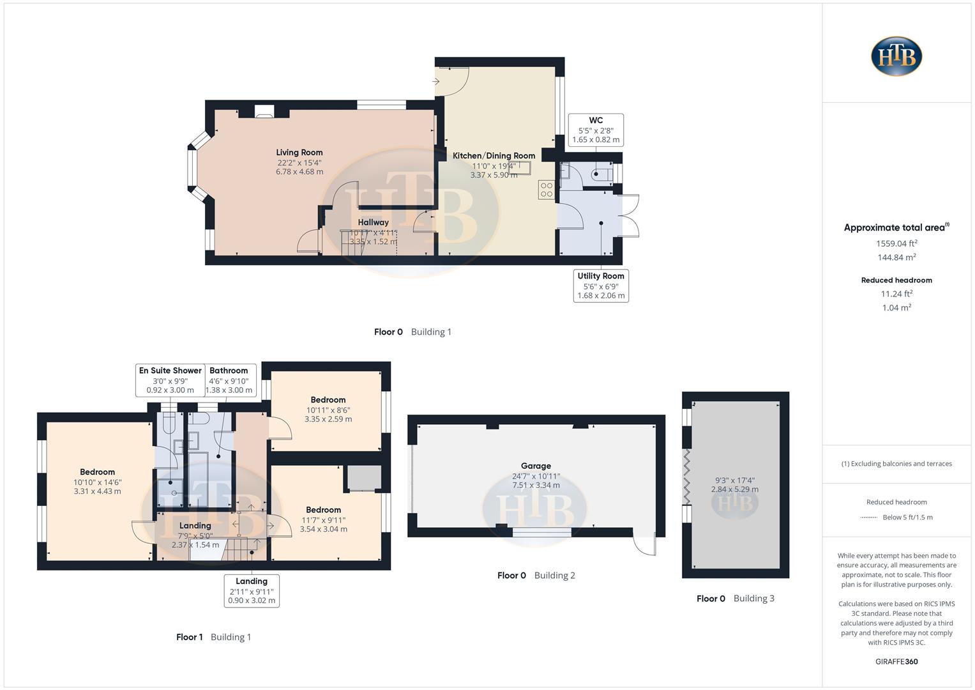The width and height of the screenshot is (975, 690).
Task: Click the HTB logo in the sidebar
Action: click(896, 56)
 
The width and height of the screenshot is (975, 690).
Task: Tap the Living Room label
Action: click(299, 153)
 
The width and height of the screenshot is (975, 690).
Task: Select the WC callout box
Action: click(596, 130)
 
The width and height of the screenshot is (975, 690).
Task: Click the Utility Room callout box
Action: click(601, 286)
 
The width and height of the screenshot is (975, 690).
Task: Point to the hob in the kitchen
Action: click(547, 190)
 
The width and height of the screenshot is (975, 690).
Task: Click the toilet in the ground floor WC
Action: click(601, 173)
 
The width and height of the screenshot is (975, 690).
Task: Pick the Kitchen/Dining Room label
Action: click(494, 156)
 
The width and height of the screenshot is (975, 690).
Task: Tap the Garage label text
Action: click(536, 466)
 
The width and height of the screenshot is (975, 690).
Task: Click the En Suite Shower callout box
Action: click(170, 380)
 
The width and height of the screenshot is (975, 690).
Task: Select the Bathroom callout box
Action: click(229, 380)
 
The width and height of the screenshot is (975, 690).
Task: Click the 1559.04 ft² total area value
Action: click(896, 243)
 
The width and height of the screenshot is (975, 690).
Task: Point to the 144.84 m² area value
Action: click(896, 257)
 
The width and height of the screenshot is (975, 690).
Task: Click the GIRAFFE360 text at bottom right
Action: click(896, 661)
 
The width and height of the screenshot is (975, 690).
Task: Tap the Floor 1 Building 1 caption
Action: click(213, 637)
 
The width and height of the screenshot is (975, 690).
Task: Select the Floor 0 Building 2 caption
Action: click(536, 576)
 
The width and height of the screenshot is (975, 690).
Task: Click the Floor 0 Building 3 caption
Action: click(735, 599)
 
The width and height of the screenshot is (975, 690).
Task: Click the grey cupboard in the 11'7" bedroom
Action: click(364, 478)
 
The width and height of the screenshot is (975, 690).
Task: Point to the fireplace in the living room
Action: click(264, 112)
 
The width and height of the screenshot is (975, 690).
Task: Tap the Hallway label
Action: click(373, 222)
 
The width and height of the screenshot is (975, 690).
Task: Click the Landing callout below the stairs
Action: click(252, 590)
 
